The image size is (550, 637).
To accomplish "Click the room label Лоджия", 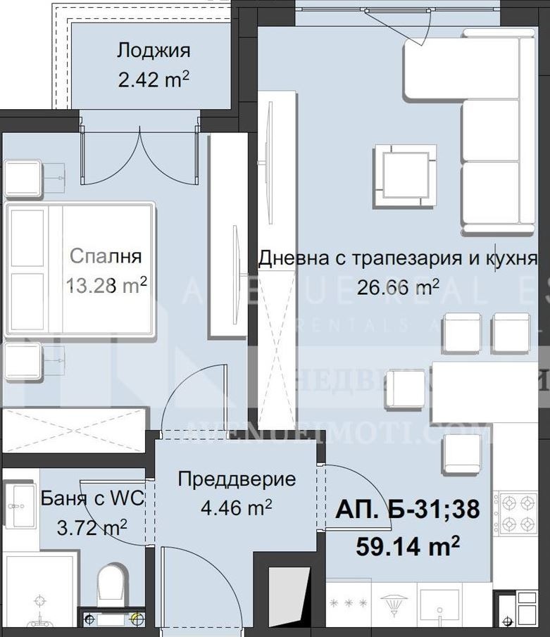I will point(154,51).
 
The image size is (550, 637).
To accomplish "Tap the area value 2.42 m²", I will point(154,79).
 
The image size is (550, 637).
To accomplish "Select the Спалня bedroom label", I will point(106,256).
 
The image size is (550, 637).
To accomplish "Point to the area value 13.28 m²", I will point(106,284).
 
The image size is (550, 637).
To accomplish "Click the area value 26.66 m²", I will point(398,286).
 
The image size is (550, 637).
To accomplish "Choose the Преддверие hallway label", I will point(236,480).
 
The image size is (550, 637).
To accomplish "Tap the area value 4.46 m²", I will point(236,507).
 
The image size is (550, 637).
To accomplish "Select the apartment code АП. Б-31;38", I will point(408,510).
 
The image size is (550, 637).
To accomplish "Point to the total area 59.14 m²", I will point(408,544).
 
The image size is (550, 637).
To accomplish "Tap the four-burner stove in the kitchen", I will point(520,513).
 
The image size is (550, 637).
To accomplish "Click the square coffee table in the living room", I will point(405,175).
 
